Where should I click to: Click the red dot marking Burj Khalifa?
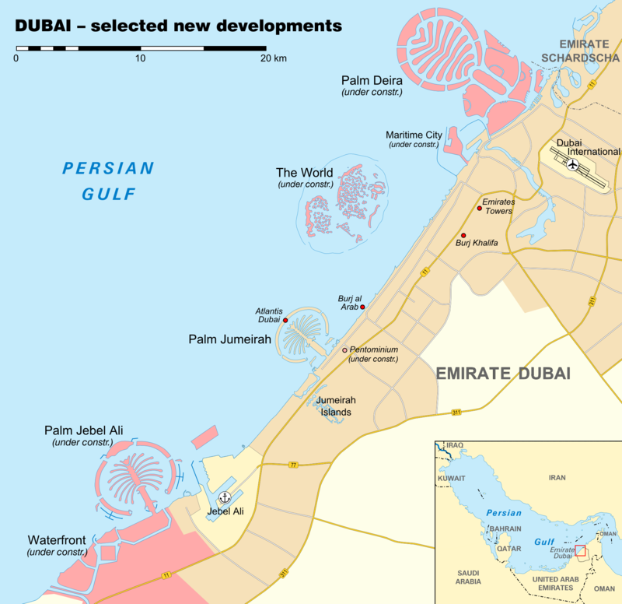463,235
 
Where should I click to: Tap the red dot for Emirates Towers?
479,208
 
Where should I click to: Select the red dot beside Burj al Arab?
362,307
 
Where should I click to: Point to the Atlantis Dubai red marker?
285,320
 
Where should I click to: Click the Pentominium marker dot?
344,350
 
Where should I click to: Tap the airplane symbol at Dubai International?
573,164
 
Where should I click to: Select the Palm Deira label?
372,80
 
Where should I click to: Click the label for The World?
305,173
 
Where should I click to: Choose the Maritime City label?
414,135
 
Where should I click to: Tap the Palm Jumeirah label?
229,339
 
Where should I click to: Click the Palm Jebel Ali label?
83,430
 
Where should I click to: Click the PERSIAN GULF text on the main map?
109,181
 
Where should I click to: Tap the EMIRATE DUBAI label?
503,374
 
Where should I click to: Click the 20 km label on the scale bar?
273,58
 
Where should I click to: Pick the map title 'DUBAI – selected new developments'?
179,25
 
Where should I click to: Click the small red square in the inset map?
580,550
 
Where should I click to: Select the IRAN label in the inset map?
557,477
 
